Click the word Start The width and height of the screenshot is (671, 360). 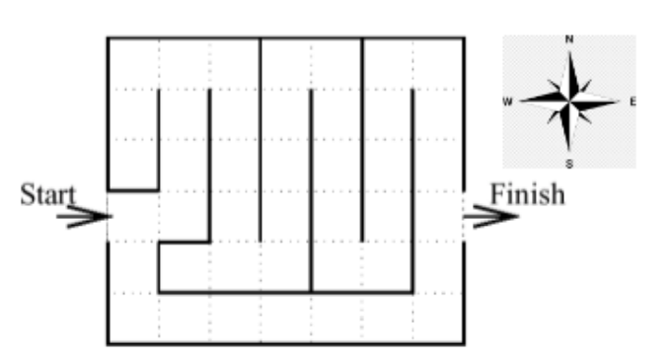click(x=47, y=194)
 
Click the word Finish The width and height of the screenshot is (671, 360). click(x=528, y=193)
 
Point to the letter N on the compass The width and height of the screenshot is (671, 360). click(x=569, y=39)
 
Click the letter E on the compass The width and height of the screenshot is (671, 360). click(x=632, y=101)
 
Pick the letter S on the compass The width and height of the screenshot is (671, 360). click(x=569, y=163)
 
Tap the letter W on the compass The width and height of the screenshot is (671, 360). click(x=507, y=101)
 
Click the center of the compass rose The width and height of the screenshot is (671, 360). click(x=569, y=101)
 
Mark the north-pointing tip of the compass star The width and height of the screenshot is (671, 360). click(x=569, y=49)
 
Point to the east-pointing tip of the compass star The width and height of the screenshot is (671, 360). click(x=620, y=101)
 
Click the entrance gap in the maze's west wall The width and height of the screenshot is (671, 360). click(x=108, y=216)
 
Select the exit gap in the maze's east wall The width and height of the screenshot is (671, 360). click(x=464, y=216)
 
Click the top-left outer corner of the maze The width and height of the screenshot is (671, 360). click(x=108, y=38)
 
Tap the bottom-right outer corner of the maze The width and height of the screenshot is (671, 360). click(x=464, y=344)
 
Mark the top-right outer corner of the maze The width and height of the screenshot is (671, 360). click(x=464, y=38)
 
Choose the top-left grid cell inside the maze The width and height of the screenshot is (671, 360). click(x=133, y=64)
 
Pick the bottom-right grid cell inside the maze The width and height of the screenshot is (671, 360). click(x=438, y=319)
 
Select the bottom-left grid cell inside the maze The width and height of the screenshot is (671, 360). click(x=133, y=319)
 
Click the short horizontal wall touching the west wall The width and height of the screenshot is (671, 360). click(x=133, y=189)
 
